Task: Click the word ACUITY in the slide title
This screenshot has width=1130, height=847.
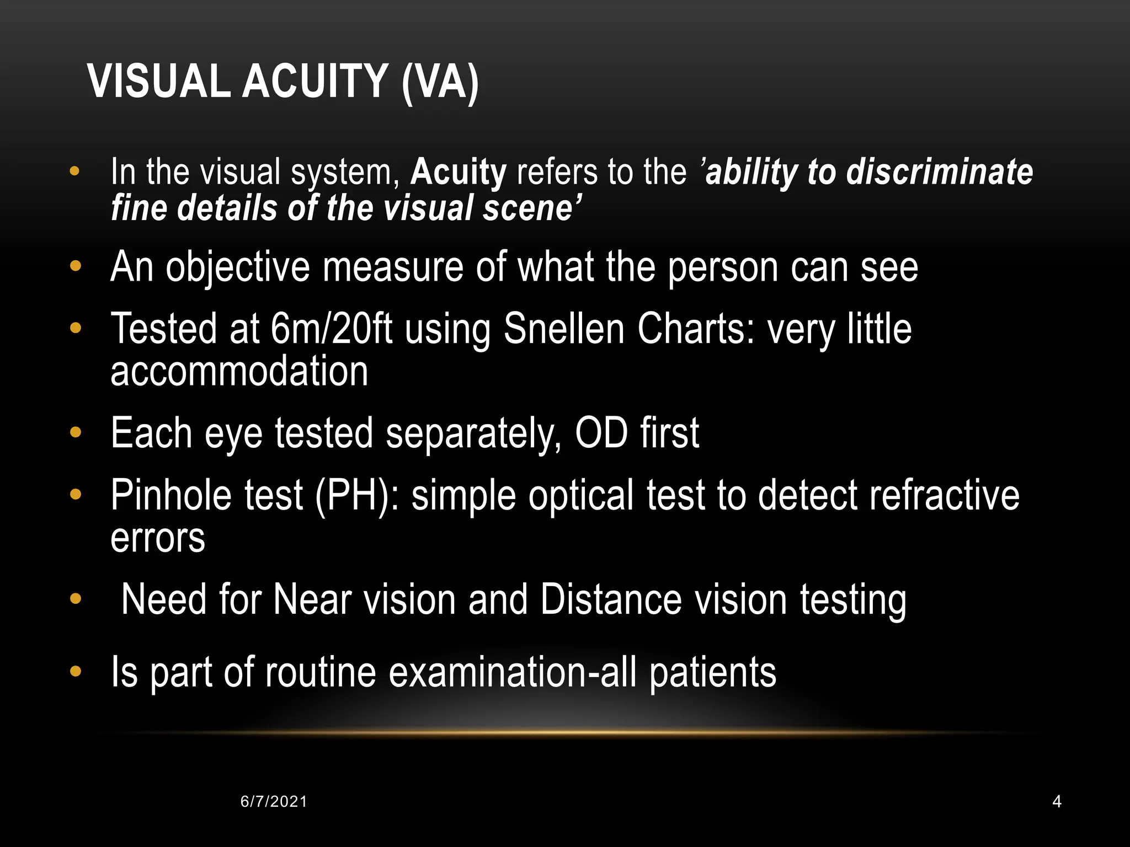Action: point(315,82)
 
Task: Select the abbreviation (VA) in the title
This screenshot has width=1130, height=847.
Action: point(440,83)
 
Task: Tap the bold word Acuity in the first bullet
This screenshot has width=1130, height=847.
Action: point(458,171)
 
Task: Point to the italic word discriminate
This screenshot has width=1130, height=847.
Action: point(939,171)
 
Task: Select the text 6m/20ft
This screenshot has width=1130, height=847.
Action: point(331,329)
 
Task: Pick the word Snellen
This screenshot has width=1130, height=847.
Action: point(564,329)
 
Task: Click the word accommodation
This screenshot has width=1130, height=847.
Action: point(239,371)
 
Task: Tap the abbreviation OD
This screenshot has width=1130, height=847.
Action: point(601,433)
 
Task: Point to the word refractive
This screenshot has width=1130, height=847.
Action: point(944,495)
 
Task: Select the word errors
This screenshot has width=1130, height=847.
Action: point(158,538)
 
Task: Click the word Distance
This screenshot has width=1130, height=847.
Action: point(611,600)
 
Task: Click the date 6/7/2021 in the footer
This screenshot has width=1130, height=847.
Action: point(274,801)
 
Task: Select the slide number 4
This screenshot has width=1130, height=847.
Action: point(1057,801)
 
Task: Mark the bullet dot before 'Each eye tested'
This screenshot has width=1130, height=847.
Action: point(76,433)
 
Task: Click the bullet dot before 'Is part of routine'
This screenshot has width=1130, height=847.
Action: point(76,672)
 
